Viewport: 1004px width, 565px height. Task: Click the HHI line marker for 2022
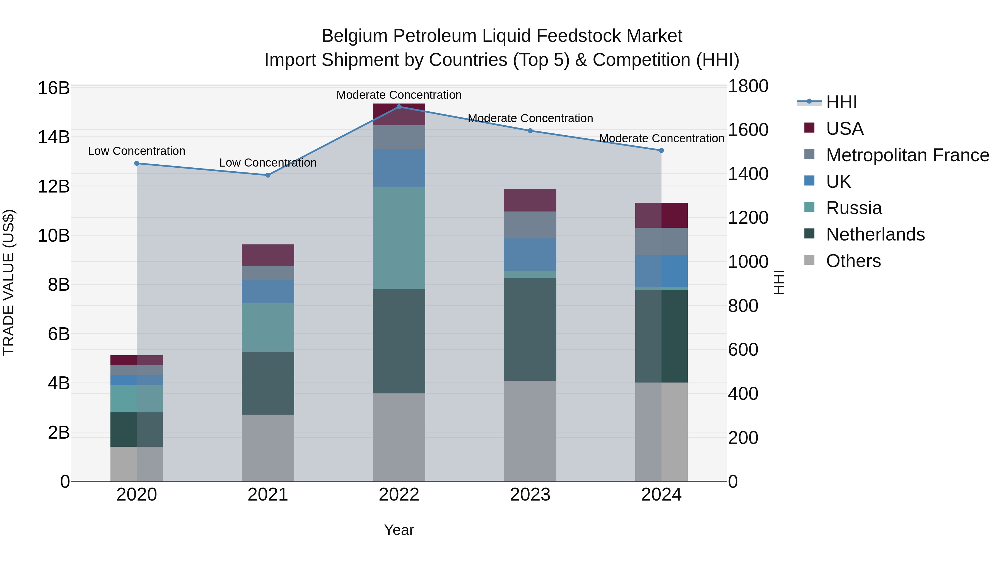coord(399,107)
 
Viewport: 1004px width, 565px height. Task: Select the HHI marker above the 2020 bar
coord(136,164)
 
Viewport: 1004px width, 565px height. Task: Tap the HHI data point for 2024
coord(661,150)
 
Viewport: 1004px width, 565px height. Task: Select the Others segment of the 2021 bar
coord(268,447)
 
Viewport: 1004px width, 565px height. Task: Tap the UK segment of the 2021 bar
coord(268,291)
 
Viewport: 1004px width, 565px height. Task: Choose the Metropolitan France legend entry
coord(907,155)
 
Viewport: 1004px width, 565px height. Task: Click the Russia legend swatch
coord(809,207)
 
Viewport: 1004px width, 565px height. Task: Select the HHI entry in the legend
coord(841,102)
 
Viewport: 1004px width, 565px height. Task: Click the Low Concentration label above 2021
coord(268,163)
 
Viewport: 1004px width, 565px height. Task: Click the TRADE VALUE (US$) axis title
coord(9,282)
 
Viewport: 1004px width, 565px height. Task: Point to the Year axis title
coord(399,530)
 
